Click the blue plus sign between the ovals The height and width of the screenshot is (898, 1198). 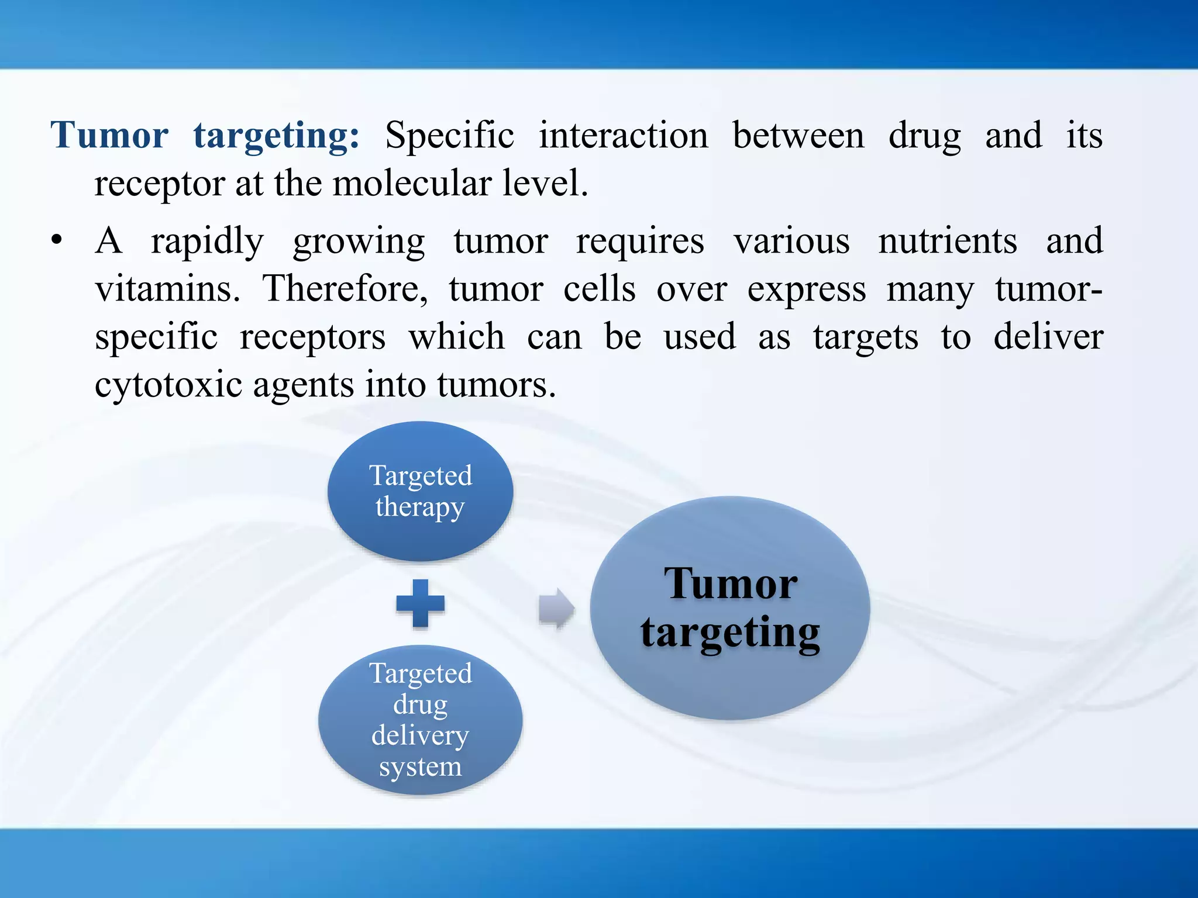[420, 603]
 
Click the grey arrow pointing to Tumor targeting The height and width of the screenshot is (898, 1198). [556, 608]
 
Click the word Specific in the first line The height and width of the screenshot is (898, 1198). [449, 136]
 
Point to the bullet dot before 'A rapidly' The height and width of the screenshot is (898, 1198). [56, 240]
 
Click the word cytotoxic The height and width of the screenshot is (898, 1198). [168, 385]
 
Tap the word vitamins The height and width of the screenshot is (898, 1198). [167, 288]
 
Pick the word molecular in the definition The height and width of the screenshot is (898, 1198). [412, 183]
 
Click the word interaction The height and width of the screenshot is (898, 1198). [623, 136]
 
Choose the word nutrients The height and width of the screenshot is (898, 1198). [948, 240]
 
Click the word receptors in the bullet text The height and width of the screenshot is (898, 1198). [312, 337]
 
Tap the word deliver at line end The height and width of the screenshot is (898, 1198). [1048, 337]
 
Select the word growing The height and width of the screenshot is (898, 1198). [359, 241]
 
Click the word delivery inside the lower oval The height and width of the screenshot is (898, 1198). [420, 735]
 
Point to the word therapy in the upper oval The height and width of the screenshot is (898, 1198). [420, 506]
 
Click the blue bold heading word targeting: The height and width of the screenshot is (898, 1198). [276, 136]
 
